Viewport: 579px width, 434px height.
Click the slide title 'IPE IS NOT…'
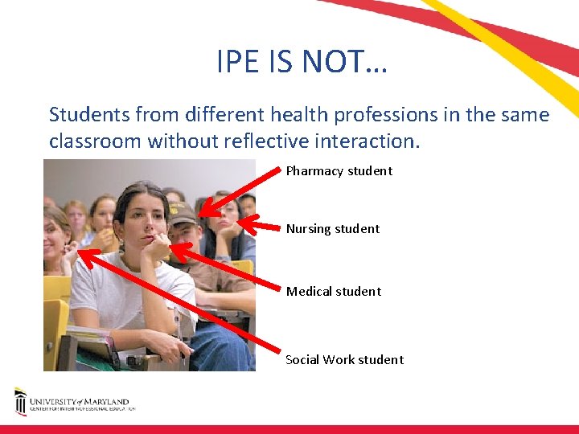302,61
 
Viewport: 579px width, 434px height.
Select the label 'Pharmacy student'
339,170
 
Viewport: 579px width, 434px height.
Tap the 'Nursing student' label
333,228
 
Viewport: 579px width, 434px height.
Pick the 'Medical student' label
334,291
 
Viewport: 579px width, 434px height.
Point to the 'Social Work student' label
345,359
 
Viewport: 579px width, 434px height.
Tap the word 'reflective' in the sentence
269,141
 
